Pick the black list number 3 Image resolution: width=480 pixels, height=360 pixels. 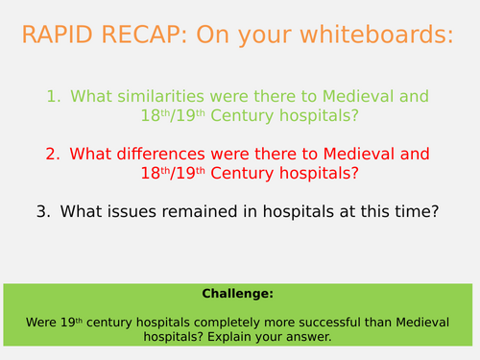click(x=42, y=212)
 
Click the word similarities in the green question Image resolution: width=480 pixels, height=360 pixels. click(x=158, y=97)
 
